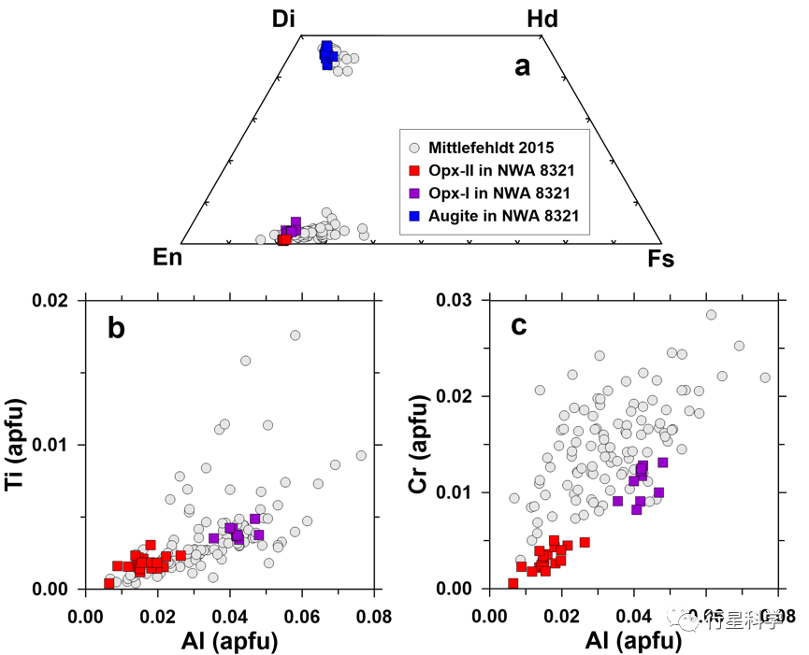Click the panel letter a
(523, 66)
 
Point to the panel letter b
(117, 328)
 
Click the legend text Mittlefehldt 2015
(491, 148)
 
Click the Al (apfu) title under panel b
(230, 640)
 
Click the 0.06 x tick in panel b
(302, 616)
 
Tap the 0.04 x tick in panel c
(633, 616)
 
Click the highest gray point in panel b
(295, 335)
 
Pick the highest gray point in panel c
(711, 314)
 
